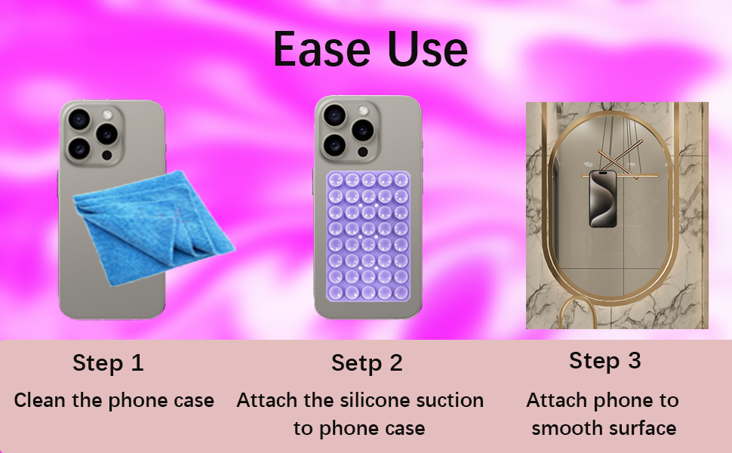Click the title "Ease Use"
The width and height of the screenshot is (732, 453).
coord(371,49)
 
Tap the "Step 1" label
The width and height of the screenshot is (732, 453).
coord(108,363)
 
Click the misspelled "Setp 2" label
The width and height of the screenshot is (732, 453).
coord(367,363)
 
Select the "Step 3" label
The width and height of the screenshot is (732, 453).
coord(605,361)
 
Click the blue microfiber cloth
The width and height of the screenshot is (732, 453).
coord(154,227)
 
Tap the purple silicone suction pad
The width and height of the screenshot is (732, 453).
coord(368,236)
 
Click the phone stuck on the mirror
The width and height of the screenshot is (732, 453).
coord(603,199)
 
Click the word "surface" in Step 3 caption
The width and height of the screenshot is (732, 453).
coord(636,428)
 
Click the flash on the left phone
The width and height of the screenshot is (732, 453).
coord(107,115)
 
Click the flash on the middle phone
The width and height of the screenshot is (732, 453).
coord(363,110)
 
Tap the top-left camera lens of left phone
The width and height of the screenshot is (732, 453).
coord(79,119)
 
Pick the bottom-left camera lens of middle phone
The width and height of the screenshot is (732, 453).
coord(334,145)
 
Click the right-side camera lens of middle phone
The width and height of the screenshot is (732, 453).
coord(362,130)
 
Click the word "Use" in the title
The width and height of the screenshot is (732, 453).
coord(428,49)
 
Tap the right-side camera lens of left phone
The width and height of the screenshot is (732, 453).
coord(106,134)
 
